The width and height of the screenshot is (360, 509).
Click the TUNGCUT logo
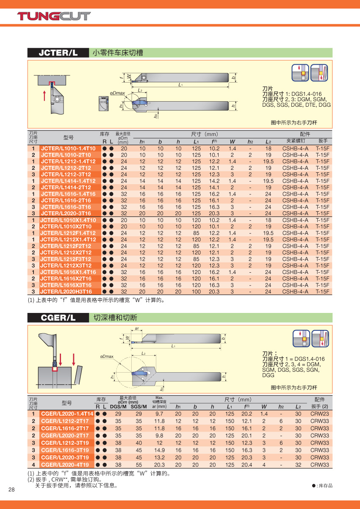pyautogui.click(x=54, y=16)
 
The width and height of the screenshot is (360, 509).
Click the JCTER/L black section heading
pyautogui.click(x=58, y=53)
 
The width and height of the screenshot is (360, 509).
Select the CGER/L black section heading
pyautogui.click(x=58, y=318)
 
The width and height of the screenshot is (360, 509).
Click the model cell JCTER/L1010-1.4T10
pyautogui.click(x=68, y=149)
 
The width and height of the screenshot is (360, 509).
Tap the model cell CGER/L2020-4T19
pyautogui.click(x=65, y=465)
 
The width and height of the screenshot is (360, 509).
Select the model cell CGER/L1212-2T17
pyautogui.click(x=65, y=421)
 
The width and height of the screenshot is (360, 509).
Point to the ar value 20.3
pyautogui.click(x=159, y=465)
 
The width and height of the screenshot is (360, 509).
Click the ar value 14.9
pyautogui.click(x=159, y=450)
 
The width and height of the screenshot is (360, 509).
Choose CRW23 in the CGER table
pyautogui.click(x=319, y=414)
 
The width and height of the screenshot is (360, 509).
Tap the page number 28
pyautogui.click(x=11, y=490)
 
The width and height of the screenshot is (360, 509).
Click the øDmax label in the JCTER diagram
pyautogui.click(x=117, y=93)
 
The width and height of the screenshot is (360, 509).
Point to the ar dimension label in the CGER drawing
pyautogui.click(x=137, y=329)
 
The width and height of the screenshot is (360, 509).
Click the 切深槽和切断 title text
pyautogui.click(x=115, y=318)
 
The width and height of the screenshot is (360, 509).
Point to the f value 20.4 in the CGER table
pyautogui.click(x=246, y=465)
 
